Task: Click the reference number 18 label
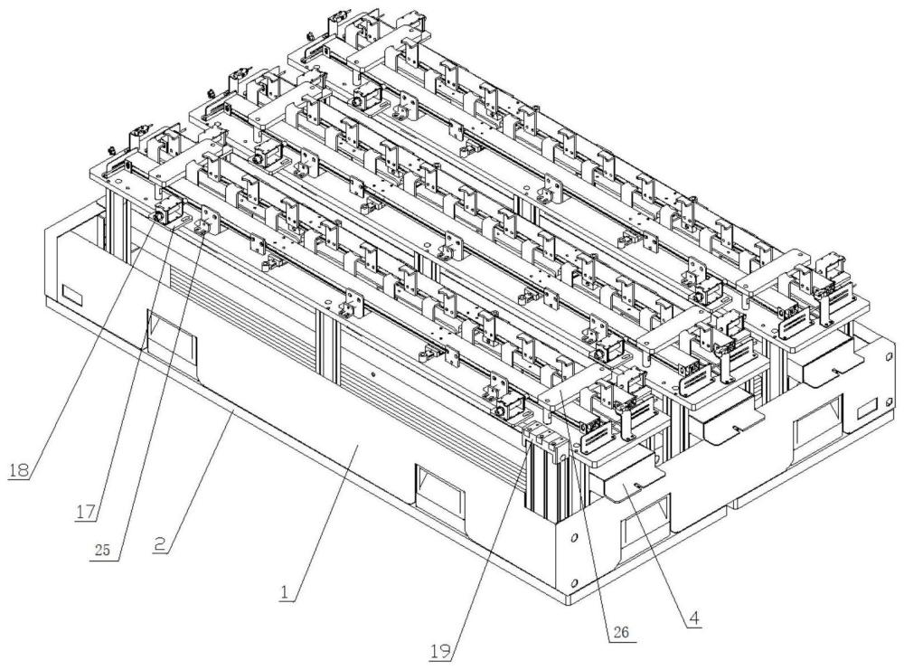point(18,470)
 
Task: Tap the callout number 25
point(103,550)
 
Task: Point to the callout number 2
point(162,543)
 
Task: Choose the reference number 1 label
point(284,592)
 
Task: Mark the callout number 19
point(441,652)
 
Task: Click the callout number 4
point(694,618)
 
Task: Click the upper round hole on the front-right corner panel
point(573,538)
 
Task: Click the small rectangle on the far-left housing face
point(72,295)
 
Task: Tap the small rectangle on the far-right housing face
point(867,410)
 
